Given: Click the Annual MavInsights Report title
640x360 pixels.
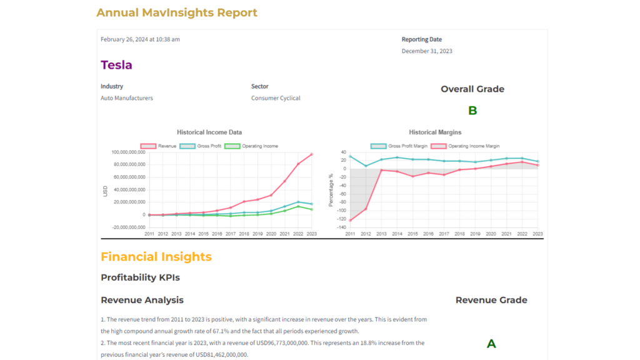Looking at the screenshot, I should tap(177, 12).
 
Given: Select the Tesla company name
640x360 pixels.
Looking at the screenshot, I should tap(116, 65).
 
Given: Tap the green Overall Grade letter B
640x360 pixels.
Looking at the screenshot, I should tap(472, 111).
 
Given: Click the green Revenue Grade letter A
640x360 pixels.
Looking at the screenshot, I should tap(491, 343).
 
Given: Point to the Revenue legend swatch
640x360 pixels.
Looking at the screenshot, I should tap(148, 146).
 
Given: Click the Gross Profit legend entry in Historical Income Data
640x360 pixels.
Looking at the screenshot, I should tap(196, 146).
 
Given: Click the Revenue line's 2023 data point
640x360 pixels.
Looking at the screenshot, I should tap(312, 154).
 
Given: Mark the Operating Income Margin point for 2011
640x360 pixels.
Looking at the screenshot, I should tap(350, 220).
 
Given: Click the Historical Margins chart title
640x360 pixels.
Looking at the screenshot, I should tap(436, 132).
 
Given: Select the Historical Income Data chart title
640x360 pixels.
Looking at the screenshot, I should tap(209, 132).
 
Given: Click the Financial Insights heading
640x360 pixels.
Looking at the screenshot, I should tap(156, 257).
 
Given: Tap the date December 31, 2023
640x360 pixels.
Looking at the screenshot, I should tap(427, 51).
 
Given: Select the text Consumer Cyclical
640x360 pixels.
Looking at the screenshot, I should tap(276, 98).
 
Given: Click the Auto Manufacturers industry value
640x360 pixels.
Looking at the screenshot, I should tap(127, 98).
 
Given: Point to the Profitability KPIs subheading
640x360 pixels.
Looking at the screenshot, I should tap(140, 277).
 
